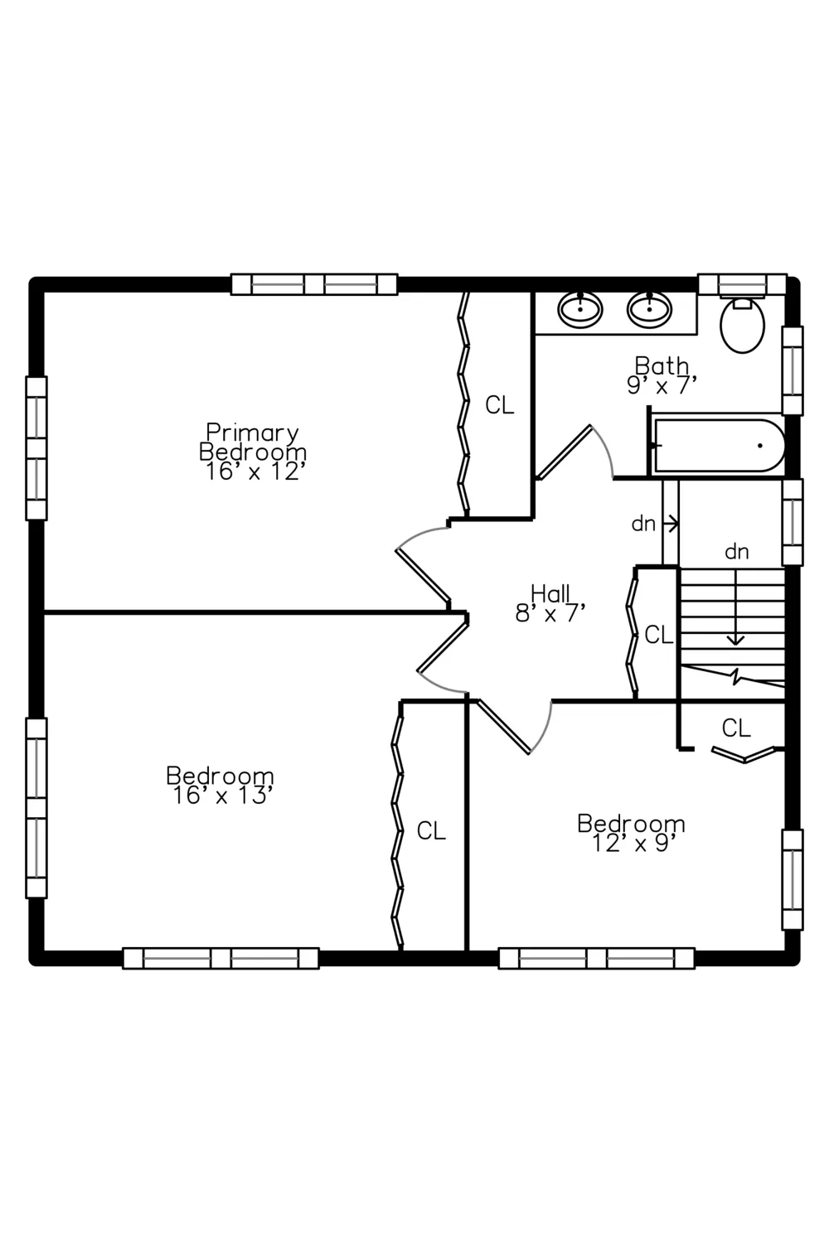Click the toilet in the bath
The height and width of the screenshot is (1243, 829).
[x=742, y=324]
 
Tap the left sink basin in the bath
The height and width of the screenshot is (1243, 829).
[x=579, y=309]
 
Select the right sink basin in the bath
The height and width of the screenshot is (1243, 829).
[x=649, y=309]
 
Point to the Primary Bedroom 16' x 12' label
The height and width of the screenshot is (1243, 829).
[x=253, y=452]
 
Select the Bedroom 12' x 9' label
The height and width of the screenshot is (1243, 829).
[x=632, y=833]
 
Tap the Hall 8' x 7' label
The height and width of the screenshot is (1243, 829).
[x=550, y=603]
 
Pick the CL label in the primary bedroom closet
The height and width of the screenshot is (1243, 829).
[x=499, y=406]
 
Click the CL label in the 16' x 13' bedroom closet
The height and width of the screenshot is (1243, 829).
[x=431, y=830]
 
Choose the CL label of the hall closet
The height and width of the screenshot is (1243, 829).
[x=659, y=635]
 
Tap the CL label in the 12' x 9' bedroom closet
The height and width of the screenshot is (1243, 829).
[x=736, y=728]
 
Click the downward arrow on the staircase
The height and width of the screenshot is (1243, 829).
[x=735, y=607]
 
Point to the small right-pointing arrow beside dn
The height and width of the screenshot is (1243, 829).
[x=671, y=523]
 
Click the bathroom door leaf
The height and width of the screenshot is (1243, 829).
[x=565, y=452]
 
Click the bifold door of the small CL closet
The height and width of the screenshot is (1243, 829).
[x=744, y=754]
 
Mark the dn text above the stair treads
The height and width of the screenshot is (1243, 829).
[x=737, y=552]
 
